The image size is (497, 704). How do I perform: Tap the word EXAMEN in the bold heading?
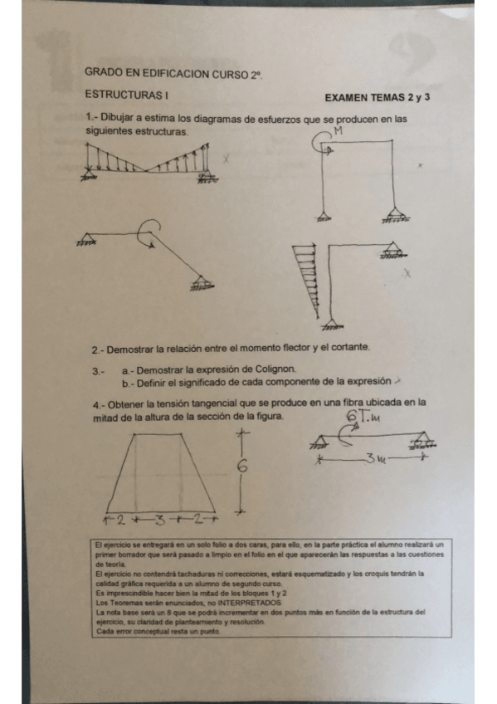347,99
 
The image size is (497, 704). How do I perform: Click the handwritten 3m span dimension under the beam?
373,457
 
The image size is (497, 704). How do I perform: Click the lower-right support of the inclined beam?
198,286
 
